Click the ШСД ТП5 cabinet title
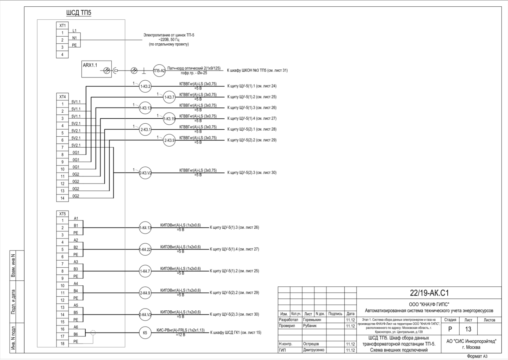(x=79, y=13)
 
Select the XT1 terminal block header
(x=62, y=26)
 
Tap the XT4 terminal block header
(x=62, y=97)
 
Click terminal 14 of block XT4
(x=62, y=198)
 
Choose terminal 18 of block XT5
(x=62, y=344)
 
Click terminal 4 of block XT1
(x=62, y=55)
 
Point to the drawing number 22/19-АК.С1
(x=429, y=293)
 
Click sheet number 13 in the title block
(x=468, y=329)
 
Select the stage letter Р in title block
(x=450, y=329)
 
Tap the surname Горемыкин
(x=312, y=320)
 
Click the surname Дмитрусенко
(x=314, y=350)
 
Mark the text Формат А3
(x=477, y=356)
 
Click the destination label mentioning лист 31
(x=257, y=70)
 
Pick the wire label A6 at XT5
(x=76, y=327)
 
